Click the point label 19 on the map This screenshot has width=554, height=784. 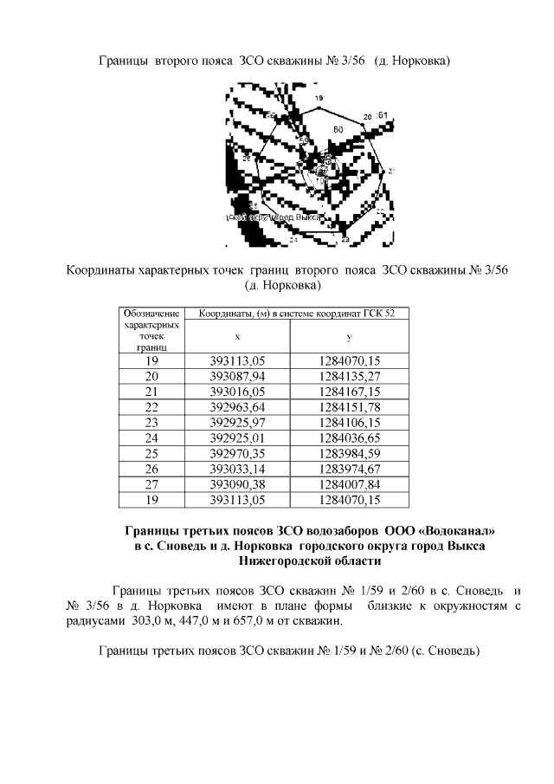click(319, 100)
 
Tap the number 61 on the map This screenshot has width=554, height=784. click(383, 113)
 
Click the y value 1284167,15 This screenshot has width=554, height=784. click(350, 391)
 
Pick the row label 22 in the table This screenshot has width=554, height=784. click(151, 406)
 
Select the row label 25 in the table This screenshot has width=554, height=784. click(151, 453)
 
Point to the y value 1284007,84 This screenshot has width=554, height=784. click(350, 484)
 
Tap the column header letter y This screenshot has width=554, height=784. click(349, 336)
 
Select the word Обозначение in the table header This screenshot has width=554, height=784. click(151, 313)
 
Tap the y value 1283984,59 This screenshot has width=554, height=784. click(350, 453)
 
